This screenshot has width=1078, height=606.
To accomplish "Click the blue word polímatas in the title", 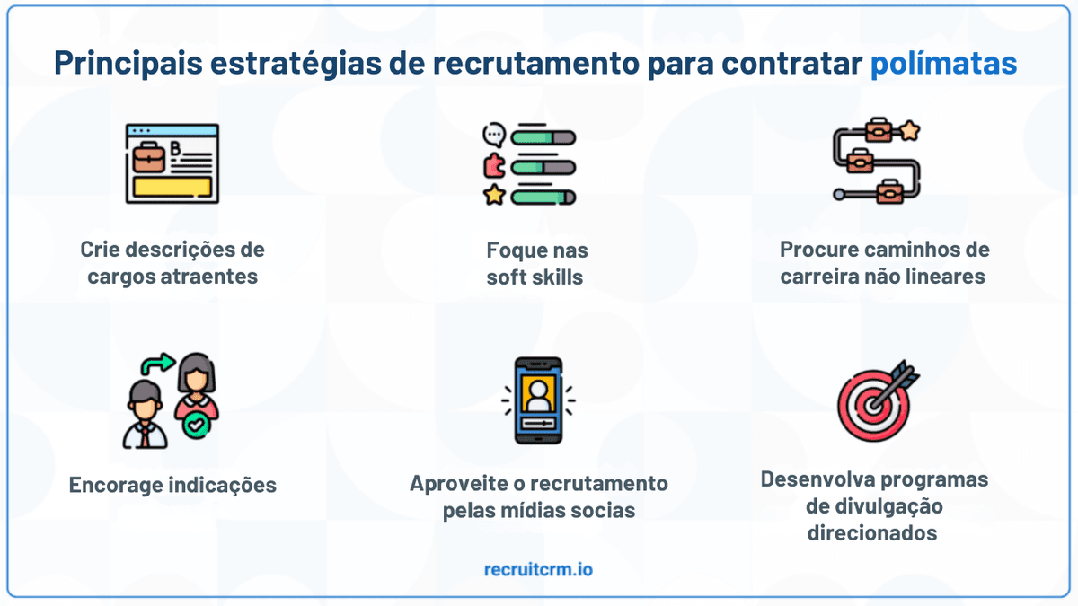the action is point(943,64).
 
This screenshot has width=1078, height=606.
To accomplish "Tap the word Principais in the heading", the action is point(128,64).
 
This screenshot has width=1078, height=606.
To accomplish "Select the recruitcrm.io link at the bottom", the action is point(538,569).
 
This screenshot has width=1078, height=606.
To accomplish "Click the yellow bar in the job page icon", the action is point(172,187).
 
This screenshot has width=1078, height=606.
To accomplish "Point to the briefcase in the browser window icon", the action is point(149,157).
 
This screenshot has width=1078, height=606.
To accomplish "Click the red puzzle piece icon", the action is point(494,166).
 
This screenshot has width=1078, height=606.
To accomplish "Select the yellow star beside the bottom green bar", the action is point(494,195).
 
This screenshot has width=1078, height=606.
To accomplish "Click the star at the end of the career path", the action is point(909,130).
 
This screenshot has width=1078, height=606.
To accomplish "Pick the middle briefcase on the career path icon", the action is point(860,161).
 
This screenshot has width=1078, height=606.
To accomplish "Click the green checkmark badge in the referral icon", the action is point(196,426).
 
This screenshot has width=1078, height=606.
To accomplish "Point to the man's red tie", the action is point(145,436).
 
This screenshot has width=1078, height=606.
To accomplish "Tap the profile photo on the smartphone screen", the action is point(538,394).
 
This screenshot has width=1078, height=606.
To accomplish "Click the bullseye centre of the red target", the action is point(872,406).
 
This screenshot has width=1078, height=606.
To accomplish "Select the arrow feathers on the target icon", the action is point(905,374).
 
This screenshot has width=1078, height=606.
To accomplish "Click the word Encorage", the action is point(115,485).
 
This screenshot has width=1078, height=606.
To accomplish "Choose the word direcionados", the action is point(872,533).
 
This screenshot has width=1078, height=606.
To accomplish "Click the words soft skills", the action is point(535,277).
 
